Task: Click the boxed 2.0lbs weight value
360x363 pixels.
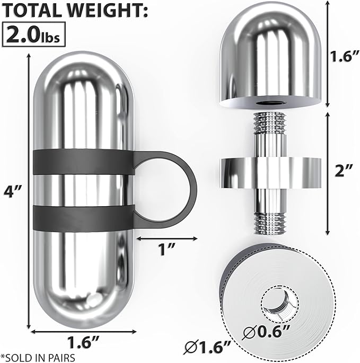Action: click(x=33, y=34)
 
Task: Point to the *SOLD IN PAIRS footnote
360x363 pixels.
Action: click(x=38, y=357)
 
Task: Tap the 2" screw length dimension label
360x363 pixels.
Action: click(x=344, y=171)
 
